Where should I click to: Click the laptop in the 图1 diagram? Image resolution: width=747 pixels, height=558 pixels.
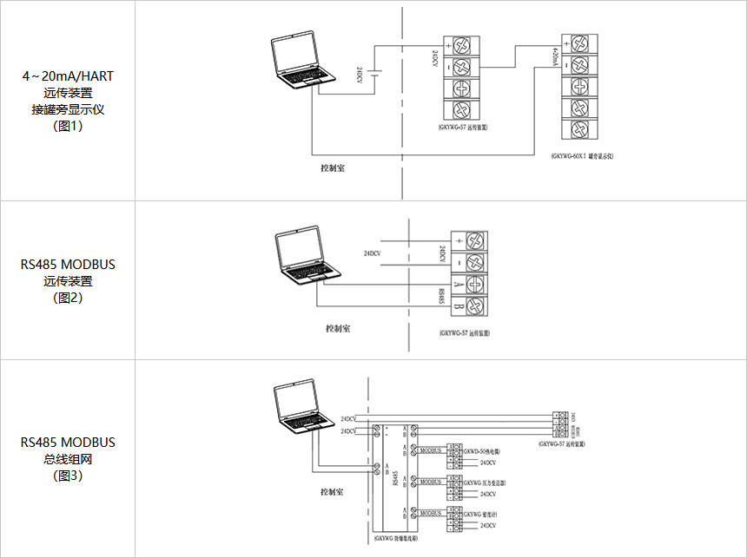click(x=298, y=62)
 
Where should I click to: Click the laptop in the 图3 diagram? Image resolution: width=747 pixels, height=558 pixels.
click(x=301, y=407)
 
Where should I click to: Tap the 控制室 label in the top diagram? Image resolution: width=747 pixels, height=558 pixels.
click(x=333, y=167)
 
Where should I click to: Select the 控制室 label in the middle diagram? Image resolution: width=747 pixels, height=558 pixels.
click(x=338, y=329)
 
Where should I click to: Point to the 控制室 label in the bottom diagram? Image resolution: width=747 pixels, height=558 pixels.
click(x=332, y=491)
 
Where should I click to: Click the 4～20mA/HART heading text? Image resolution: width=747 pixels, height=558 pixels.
click(x=68, y=76)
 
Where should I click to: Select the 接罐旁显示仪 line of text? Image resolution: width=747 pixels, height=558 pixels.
click(x=68, y=109)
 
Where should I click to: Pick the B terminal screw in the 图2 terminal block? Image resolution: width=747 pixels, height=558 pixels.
click(x=474, y=305)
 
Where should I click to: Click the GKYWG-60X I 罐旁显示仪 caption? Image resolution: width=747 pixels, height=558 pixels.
click(x=582, y=156)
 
